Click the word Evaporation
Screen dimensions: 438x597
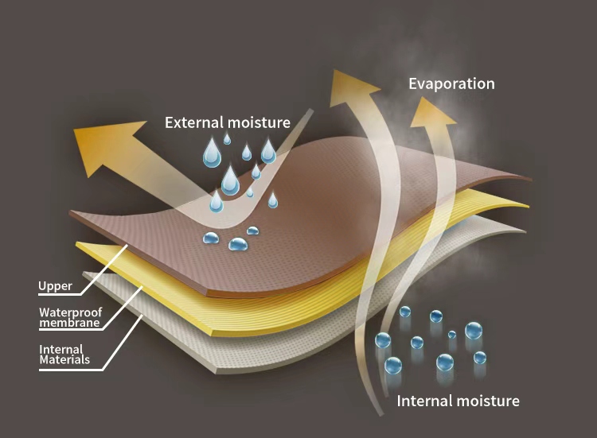point(451,83)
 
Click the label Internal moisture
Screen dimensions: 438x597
point(458,401)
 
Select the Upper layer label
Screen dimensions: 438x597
point(55,286)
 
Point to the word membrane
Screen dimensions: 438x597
point(69,323)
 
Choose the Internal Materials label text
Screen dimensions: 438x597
point(64,354)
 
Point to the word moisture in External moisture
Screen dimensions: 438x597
point(260,122)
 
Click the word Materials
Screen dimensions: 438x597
point(64,360)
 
